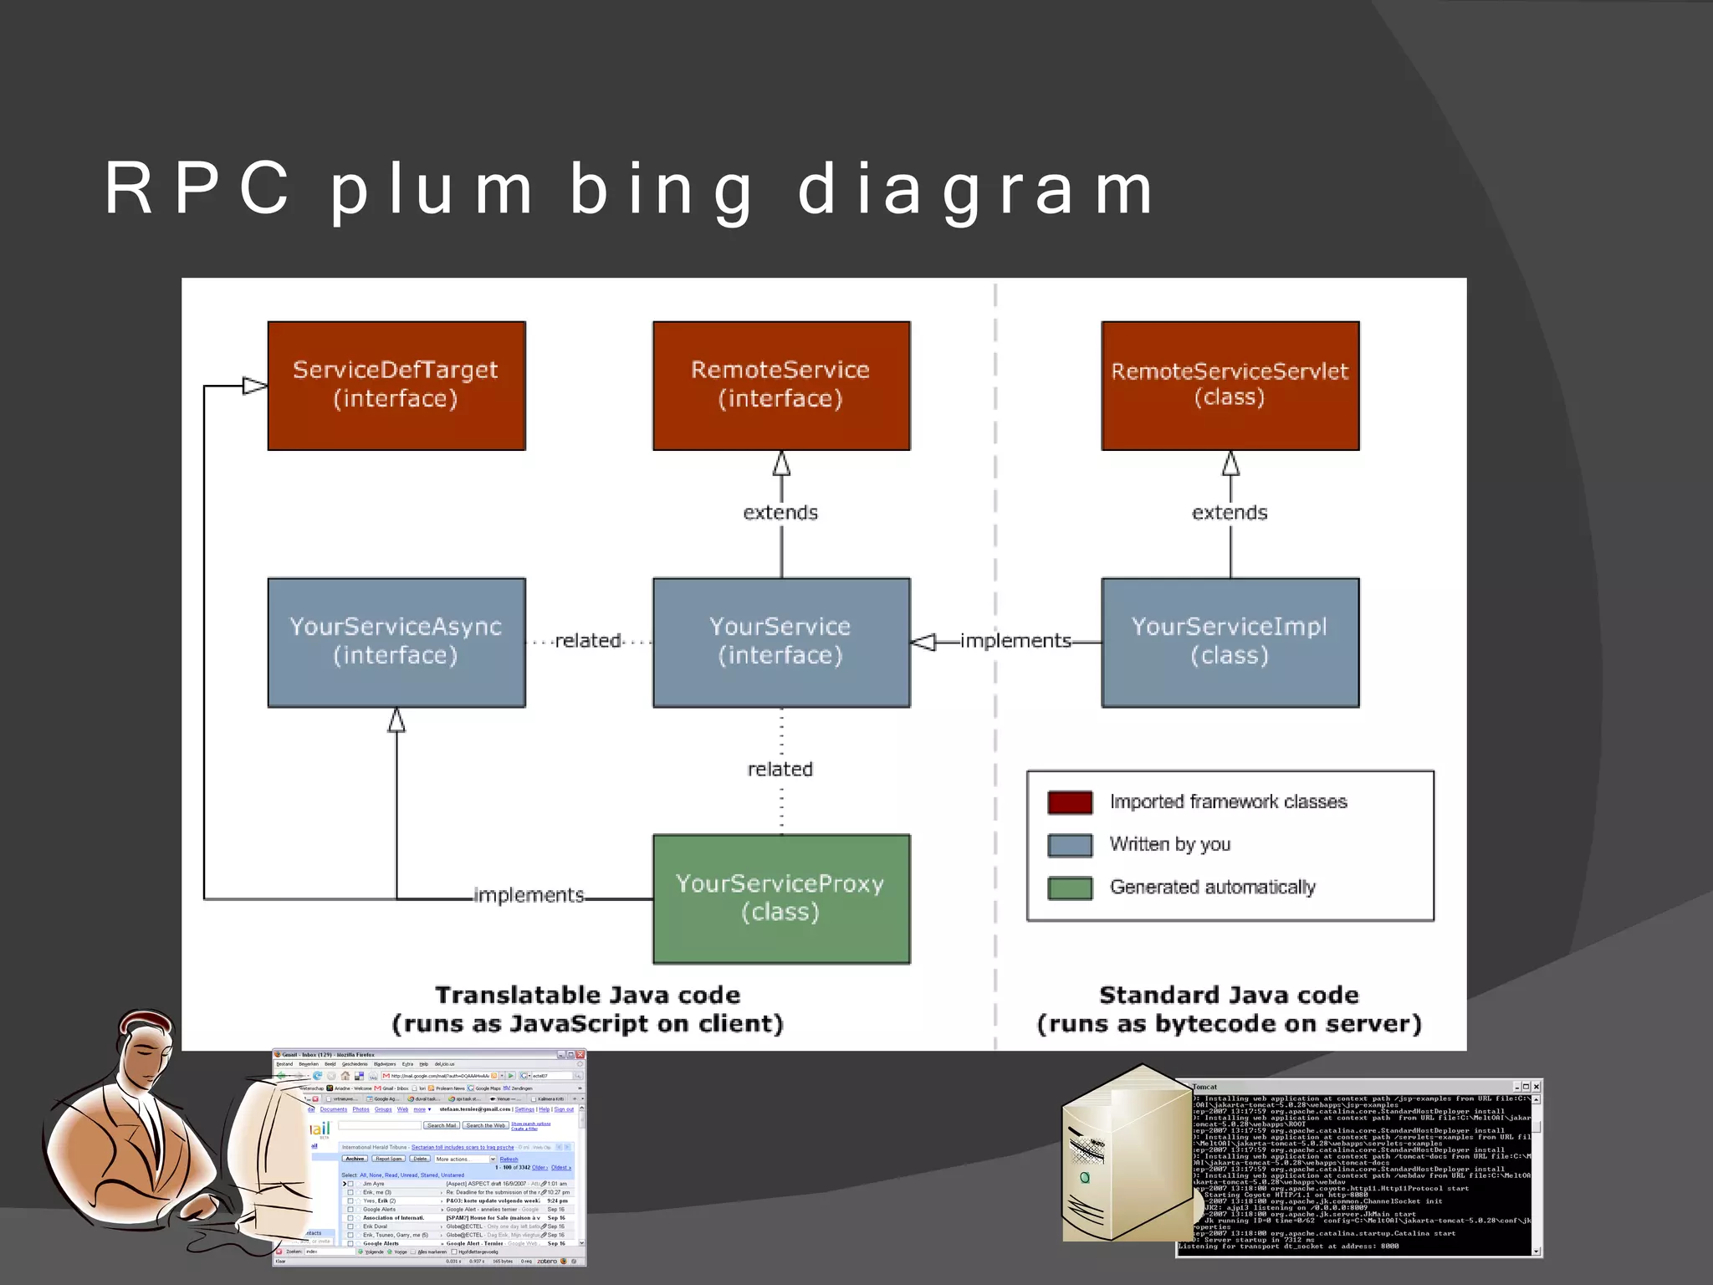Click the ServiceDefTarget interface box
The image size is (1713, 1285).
396,386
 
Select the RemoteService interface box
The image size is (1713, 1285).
781,386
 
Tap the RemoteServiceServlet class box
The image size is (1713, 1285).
1230,386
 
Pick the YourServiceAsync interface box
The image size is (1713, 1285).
396,642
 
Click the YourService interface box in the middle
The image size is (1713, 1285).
781,642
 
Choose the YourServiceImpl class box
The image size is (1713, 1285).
1230,642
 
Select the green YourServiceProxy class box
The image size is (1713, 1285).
781,898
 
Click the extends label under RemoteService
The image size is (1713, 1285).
780,512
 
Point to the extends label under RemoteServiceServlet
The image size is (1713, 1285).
1230,512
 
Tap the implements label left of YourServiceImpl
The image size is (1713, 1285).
1015,641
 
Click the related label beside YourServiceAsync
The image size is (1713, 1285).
588,641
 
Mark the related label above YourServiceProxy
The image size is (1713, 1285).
780,769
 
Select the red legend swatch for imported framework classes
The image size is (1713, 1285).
1070,802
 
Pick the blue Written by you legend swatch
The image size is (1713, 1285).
1070,845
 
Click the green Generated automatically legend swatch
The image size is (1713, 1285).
1070,888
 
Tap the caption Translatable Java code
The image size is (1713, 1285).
588,995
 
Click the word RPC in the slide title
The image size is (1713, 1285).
198,189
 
